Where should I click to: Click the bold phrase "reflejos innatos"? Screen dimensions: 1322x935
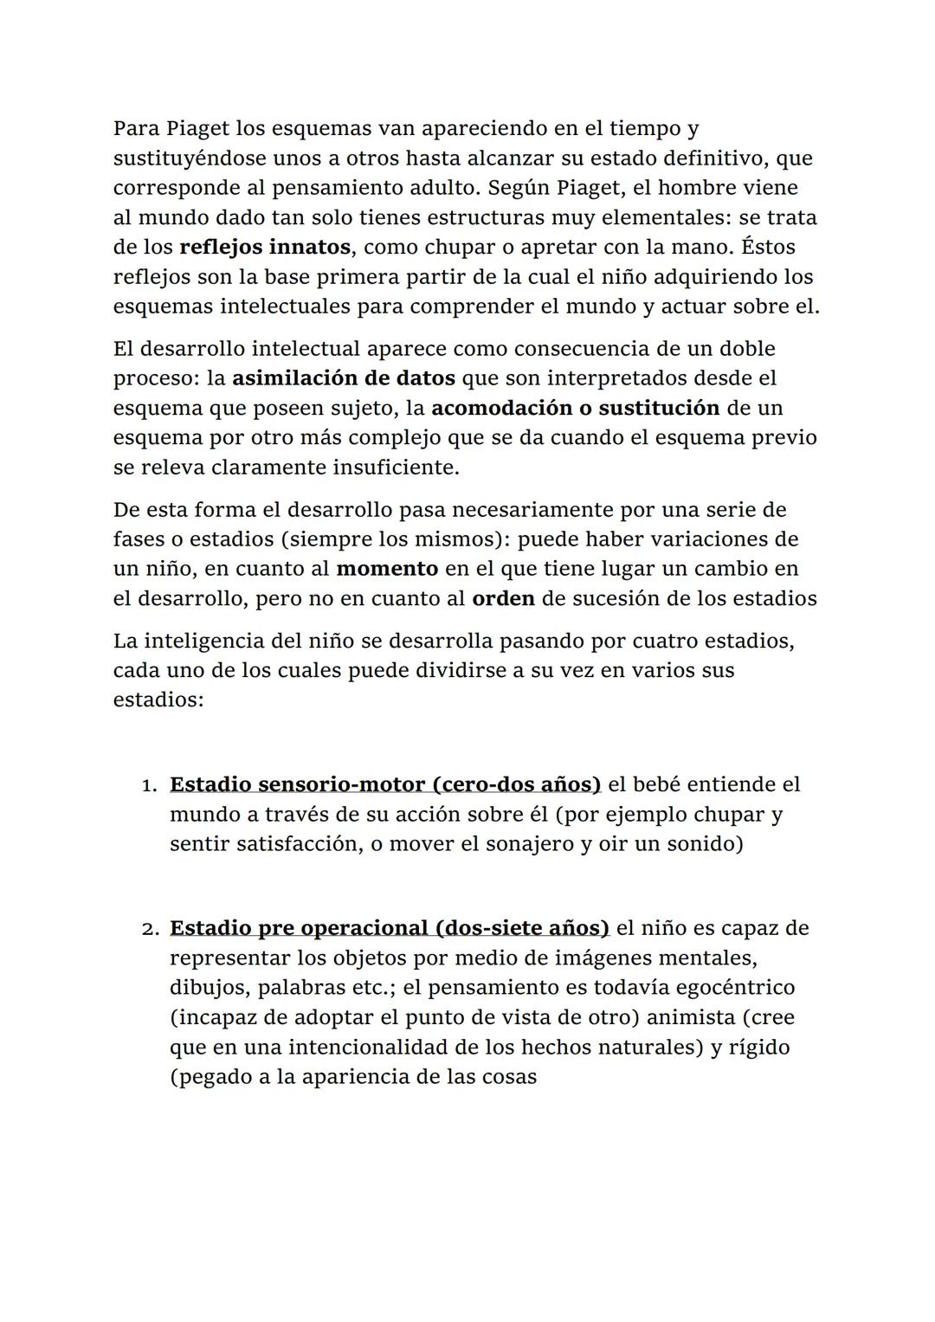[x=264, y=248]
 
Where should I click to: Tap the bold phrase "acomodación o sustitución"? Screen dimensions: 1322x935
[x=575, y=408]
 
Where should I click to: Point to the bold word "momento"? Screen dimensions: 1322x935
[x=387, y=569]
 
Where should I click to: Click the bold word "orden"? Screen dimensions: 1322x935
[x=503, y=598]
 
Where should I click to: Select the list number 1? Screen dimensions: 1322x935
[x=148, y=785]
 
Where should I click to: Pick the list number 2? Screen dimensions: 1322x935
[x=148, y=929]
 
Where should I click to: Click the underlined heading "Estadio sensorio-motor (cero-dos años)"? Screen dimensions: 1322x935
[x=384, y=784]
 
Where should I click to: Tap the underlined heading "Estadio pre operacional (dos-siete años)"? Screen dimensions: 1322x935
[x=389, y=928]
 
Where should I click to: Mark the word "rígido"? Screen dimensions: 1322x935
[x=759, y=1047]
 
